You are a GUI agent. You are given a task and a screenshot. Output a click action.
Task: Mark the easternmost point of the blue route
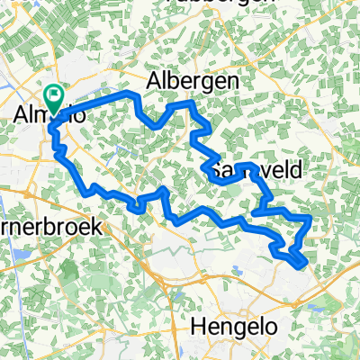click(x=311, y=217)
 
